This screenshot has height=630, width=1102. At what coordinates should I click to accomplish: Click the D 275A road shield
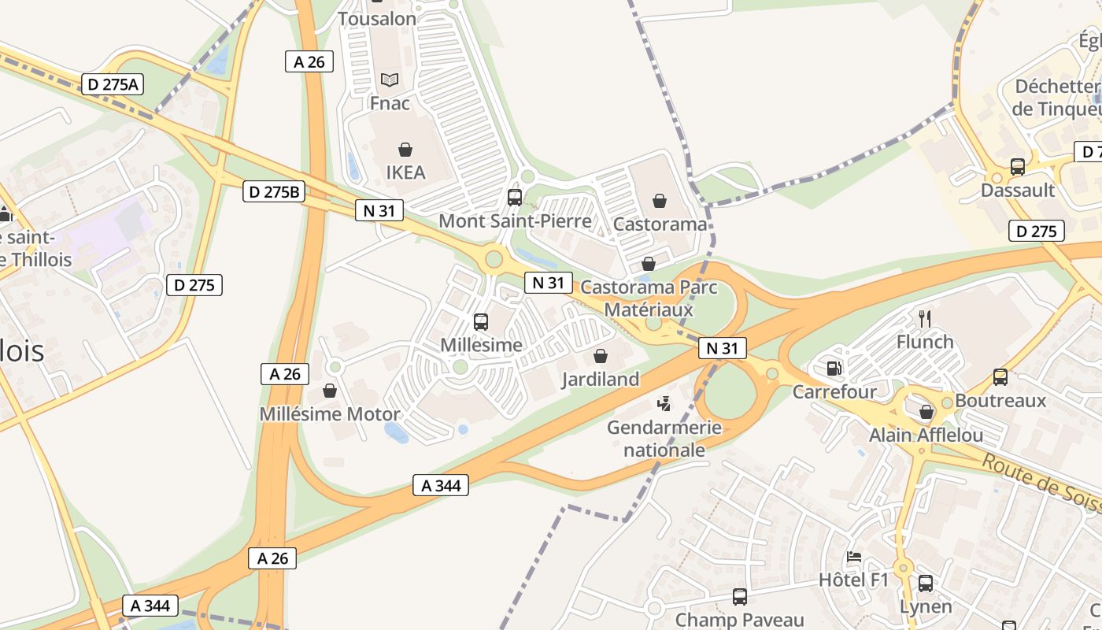tap(113, 84)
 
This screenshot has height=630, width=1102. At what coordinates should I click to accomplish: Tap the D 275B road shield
tap(274, 191)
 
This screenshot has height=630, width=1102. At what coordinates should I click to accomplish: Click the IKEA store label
tap(405, 172)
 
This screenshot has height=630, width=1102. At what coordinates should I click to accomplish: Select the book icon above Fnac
tap(390, 80)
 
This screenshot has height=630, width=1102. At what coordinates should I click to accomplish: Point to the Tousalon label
tap(377, 18)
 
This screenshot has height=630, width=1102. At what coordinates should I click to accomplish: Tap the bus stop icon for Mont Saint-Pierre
tap(515, 198)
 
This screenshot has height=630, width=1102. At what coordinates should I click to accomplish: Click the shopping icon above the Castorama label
tap(660, 202)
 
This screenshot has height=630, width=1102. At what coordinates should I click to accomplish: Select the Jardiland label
tap(601, 380)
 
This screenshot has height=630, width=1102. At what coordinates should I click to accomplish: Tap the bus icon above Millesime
tap(481, 322)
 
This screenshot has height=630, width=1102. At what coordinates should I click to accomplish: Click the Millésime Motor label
tap(330, 414)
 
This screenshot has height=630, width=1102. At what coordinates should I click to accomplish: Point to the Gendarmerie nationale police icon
tap(664, 404)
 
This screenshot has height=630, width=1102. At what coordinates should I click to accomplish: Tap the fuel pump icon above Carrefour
tap(833, 368)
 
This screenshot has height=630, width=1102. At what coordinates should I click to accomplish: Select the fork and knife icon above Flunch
tap(925, 319)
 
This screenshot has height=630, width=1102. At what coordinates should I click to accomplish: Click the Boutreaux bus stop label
tap(1000, 401)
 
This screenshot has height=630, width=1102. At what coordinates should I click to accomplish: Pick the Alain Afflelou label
tap(926, 435)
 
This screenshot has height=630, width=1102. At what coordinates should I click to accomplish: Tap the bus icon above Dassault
tap(1018, 167)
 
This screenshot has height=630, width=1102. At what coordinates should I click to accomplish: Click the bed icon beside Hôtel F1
tap(854, 557)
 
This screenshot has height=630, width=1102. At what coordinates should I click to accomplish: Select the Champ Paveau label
tap(740, 621)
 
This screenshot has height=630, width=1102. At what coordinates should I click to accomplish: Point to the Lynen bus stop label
tap(926, 606)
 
